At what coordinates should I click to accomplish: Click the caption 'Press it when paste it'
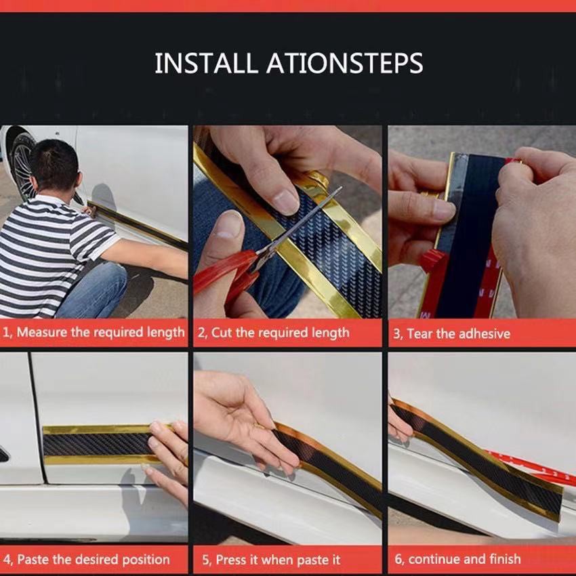click(x=276, y=560)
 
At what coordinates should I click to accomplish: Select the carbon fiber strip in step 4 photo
click(x=95, y=445)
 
